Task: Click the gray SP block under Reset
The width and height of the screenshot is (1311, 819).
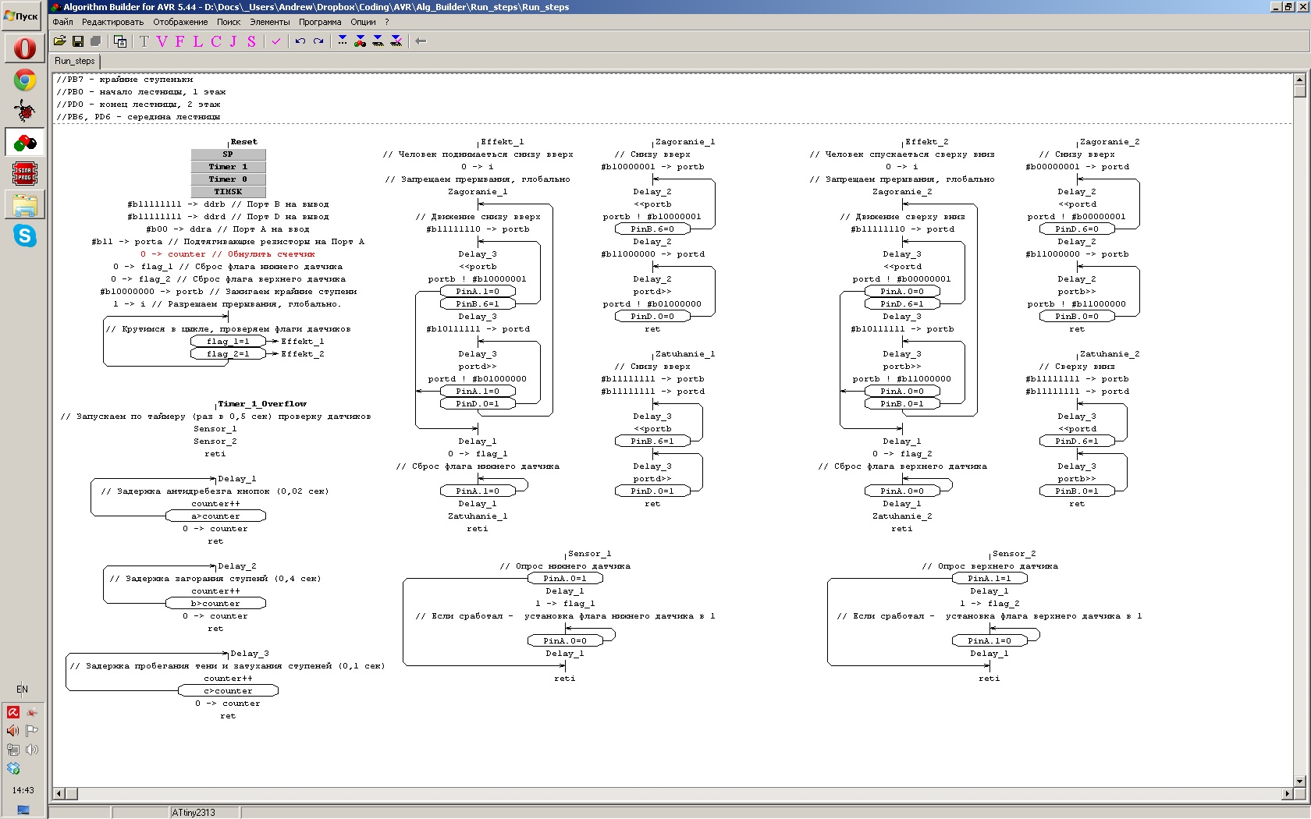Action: [228, 154]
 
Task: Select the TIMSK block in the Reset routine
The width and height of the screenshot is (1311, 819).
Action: [228, 192]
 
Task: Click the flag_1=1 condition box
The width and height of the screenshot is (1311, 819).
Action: [228, 342]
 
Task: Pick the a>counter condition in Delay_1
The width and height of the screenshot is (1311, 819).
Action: [216, 516]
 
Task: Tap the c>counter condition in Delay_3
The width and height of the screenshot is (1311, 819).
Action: [228, 691]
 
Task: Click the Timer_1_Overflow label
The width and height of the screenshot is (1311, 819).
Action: [262, 404]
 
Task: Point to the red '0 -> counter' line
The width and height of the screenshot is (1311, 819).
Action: [228, 254]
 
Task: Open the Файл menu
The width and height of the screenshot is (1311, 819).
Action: [62, 22]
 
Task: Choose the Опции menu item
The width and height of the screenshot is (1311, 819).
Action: [363, 22]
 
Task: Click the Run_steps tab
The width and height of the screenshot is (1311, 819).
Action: [75, 61]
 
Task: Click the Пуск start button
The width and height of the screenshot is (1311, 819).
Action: [22, 16]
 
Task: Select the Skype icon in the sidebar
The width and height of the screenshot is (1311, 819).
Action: [25, 236]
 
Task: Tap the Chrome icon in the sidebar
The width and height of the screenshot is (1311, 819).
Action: [25, 80]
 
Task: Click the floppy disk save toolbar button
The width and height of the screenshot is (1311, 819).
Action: [78, 41]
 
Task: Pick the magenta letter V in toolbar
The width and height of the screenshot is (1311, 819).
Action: [162, 41]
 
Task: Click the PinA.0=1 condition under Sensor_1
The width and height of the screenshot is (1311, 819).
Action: [565, 579]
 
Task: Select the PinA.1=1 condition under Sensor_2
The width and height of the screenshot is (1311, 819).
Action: [989, 579]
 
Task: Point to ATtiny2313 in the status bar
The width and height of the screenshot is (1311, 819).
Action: [194, 813]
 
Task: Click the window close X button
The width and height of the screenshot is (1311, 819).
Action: [1303, 7]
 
